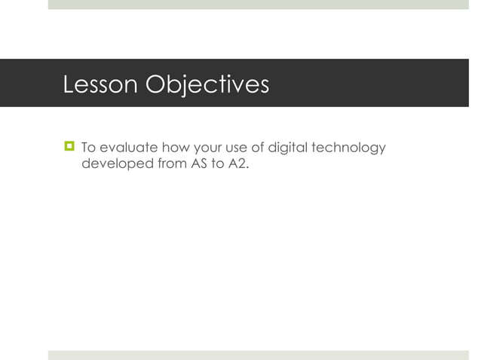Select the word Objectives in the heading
(x=207, y=84)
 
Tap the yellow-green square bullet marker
(x=69, y=146)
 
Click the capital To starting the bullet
(x=88, y=147)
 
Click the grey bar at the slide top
(x=258, y=5)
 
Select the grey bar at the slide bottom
(x=258, y=355)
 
